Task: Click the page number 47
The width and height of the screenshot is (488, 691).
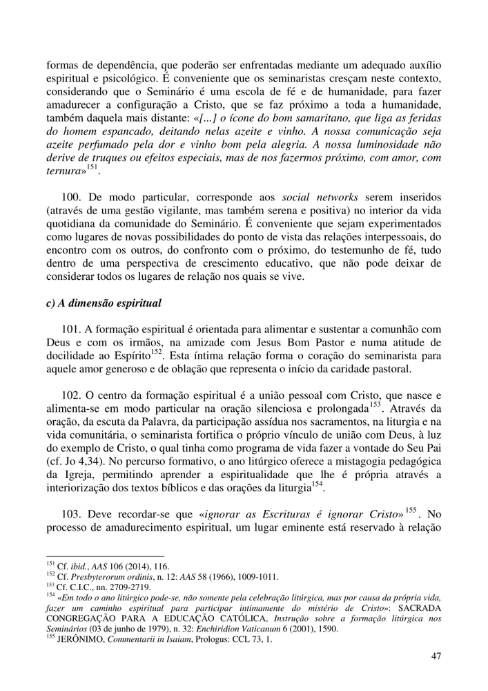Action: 435,656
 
